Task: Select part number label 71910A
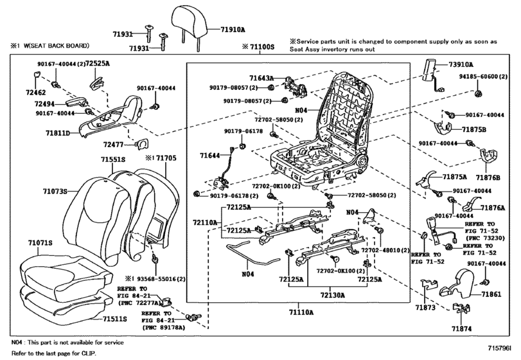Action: click(233, 30)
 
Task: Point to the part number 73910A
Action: click(461, 64)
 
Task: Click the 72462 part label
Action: click(35, 93)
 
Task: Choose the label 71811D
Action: click(58, 133)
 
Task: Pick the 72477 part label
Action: click(113, 145)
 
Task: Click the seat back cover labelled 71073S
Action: click(100, 213)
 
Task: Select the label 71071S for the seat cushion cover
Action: click(40, 243)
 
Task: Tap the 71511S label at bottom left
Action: click(114, 319)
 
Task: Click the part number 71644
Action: click(209, 155)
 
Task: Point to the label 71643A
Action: click(261, 78)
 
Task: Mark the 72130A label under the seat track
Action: click(333, 295)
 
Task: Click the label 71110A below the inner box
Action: click(301, 312)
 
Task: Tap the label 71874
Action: click(461, 328)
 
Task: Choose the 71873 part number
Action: click(425, 308)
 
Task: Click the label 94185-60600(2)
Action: click(484, 76)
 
